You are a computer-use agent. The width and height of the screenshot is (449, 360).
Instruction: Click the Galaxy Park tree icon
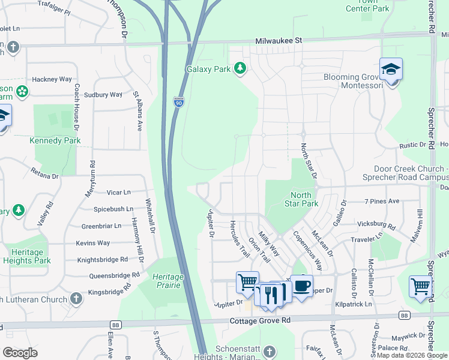[241, 68]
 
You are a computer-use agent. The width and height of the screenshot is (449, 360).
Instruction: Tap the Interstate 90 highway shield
[179, 102]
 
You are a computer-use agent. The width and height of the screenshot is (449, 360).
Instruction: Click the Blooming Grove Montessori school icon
[391, 70]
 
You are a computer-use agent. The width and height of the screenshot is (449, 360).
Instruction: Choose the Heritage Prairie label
[167, 280]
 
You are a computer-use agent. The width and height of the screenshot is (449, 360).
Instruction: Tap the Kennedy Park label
[55, 140]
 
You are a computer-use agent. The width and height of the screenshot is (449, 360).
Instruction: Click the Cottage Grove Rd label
[260, 321]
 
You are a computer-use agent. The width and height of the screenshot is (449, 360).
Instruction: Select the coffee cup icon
[301, 285]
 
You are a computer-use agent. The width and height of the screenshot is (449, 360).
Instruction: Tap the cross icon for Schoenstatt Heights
[270, 351]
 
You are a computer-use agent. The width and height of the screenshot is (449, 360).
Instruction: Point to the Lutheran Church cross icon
[76, 298]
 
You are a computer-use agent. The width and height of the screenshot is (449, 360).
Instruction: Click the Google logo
[20, 352]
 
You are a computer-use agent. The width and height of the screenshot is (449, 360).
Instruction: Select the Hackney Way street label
[52, 79]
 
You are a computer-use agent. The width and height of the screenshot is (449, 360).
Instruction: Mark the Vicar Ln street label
[118, 193]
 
